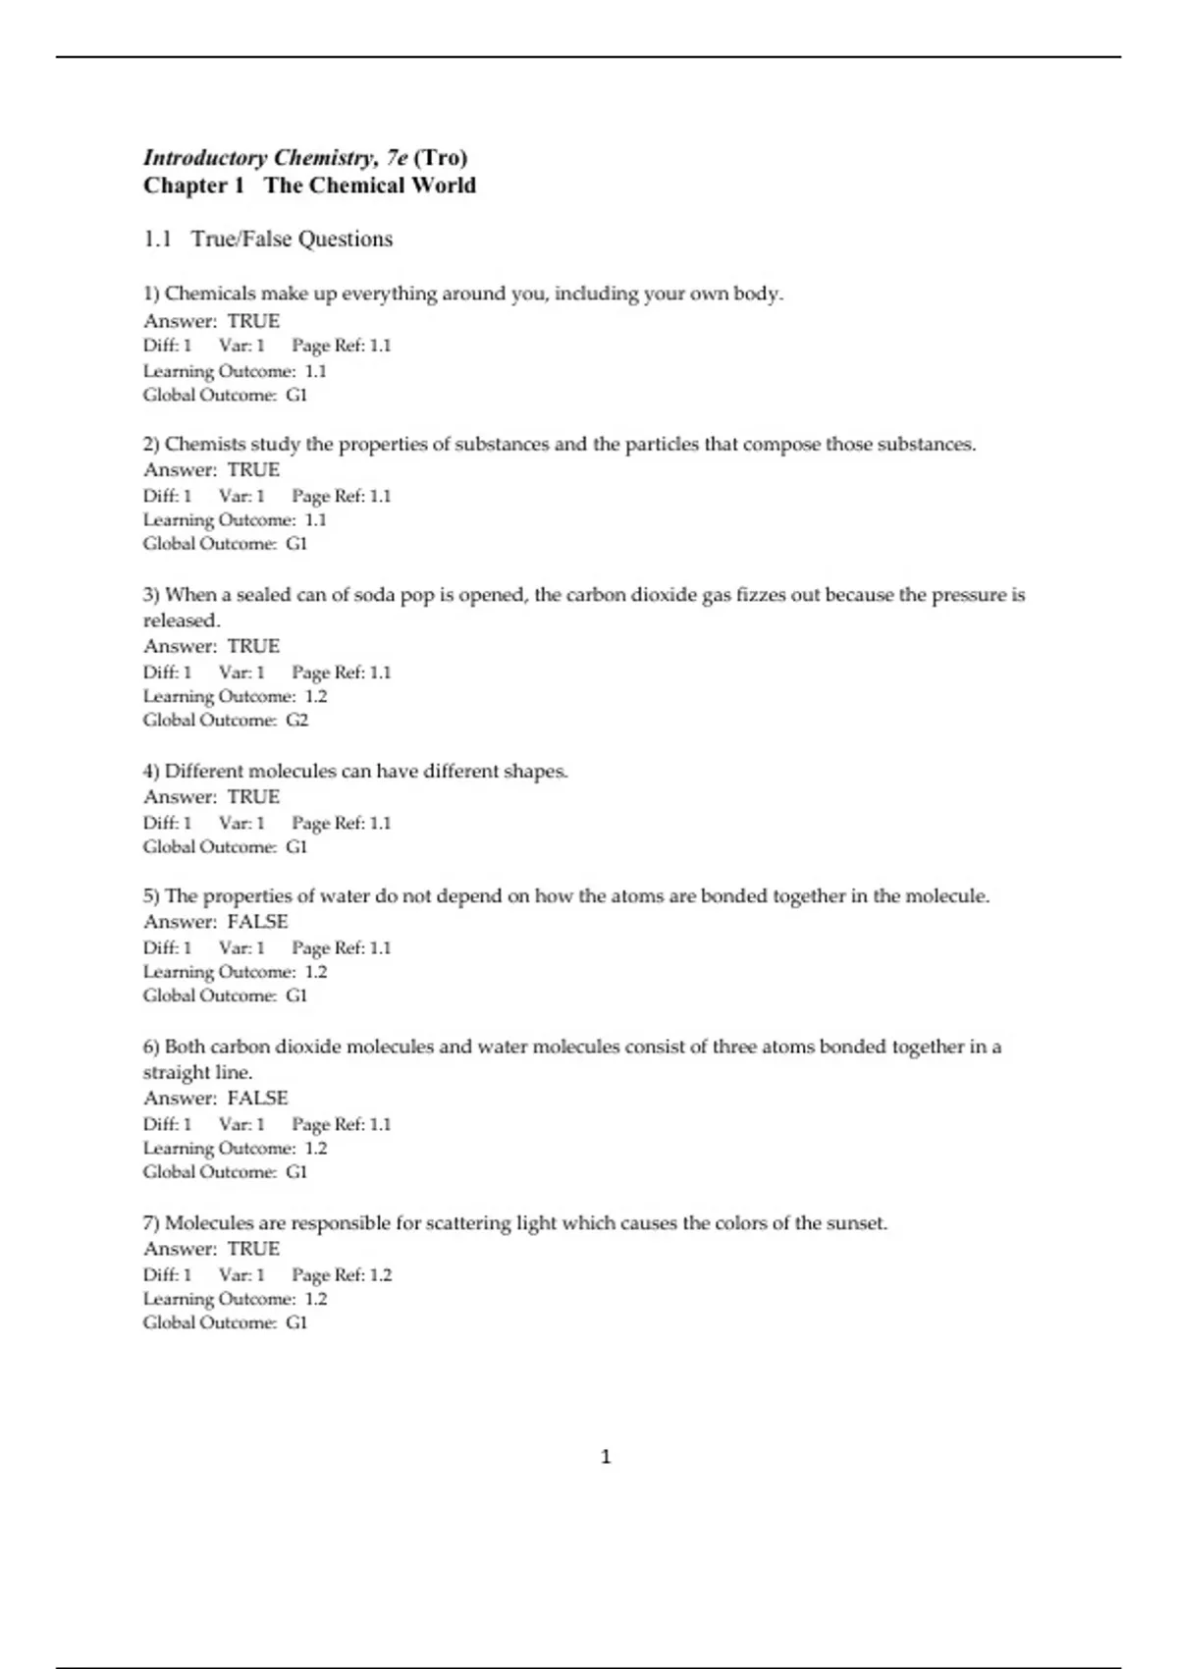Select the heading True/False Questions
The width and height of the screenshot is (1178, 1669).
click(292, 239)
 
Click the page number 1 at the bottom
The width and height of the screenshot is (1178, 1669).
click(605, 1456)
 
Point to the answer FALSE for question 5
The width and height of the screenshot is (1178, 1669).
click(257, 922)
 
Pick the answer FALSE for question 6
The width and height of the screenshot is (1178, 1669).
click(257, 1098)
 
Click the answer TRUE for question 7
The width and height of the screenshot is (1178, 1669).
click(253, 1249)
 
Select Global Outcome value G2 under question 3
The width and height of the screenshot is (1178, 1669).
click(296, 720)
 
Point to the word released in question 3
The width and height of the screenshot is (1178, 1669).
click(182, 620)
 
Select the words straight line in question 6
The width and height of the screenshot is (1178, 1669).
click(197, 1072)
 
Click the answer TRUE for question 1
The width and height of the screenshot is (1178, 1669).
click(253, 321)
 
